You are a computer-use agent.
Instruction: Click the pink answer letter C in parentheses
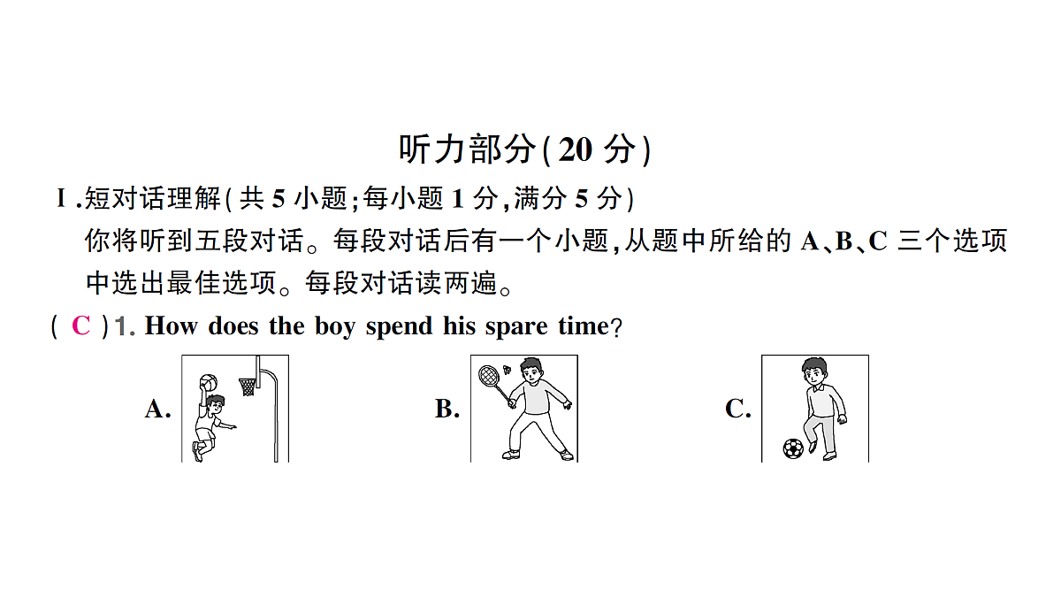pos(81,326)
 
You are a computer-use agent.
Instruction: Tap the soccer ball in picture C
pos(793,448)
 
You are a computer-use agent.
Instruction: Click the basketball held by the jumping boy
pos(209,382)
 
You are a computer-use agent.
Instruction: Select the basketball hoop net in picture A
pos(247,387)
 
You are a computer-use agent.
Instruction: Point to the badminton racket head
pos(489,376)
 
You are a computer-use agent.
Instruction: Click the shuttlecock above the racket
pos(508,369)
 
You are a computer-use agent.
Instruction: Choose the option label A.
pos(157,409)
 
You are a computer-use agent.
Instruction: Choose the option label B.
pos(447,409)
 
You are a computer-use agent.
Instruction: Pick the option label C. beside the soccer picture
pos(738,409)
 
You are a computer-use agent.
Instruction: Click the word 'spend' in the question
pos(399,327)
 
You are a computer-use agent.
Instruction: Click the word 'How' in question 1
pos(171,326)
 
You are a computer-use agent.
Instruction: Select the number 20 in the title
pos(575,149)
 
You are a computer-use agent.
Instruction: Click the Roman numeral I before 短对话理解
pos(61,198)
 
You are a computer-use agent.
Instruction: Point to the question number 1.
pos(122,326)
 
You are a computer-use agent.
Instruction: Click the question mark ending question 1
pos(616,327)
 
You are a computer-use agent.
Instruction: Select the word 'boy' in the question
pos(335,327)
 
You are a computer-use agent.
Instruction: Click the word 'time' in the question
pos(583,326)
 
